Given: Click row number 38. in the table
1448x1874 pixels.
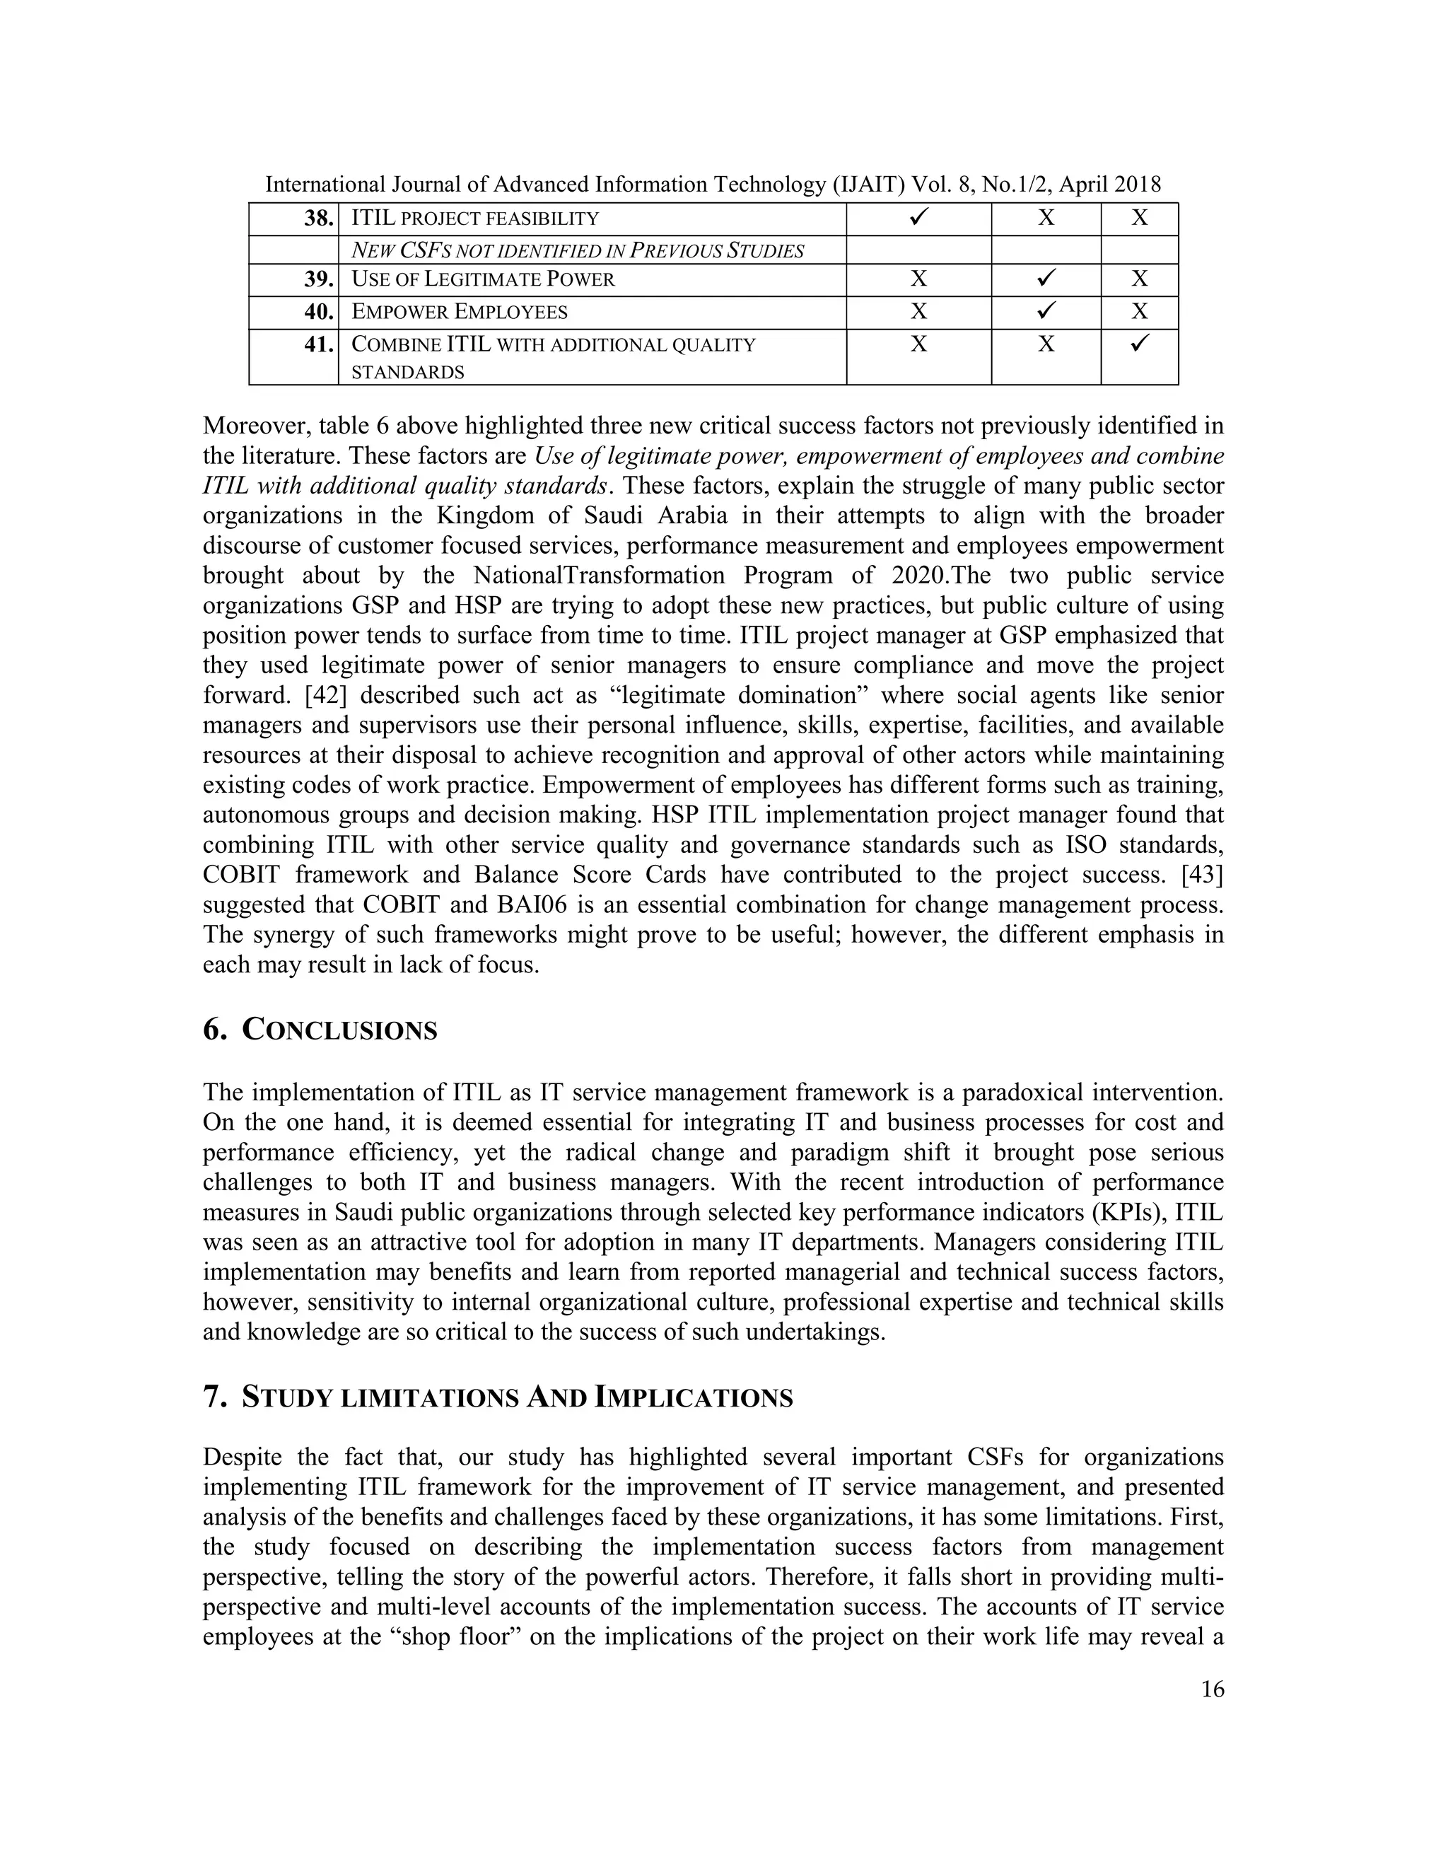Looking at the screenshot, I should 318,218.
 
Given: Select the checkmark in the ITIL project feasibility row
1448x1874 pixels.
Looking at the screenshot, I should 918,218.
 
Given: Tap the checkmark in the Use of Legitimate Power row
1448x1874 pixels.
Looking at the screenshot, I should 1045,279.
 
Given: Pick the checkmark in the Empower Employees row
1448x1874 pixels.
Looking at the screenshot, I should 1045,311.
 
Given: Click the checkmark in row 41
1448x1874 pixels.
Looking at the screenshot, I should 1139,344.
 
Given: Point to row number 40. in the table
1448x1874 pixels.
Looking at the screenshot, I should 318,311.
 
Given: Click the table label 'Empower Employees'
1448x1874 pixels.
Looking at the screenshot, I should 460,311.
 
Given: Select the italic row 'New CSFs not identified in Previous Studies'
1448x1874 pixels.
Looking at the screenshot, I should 578,250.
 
